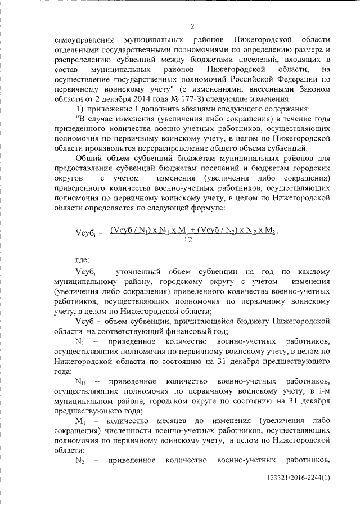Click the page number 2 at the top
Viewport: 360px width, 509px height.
pos(192,26)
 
